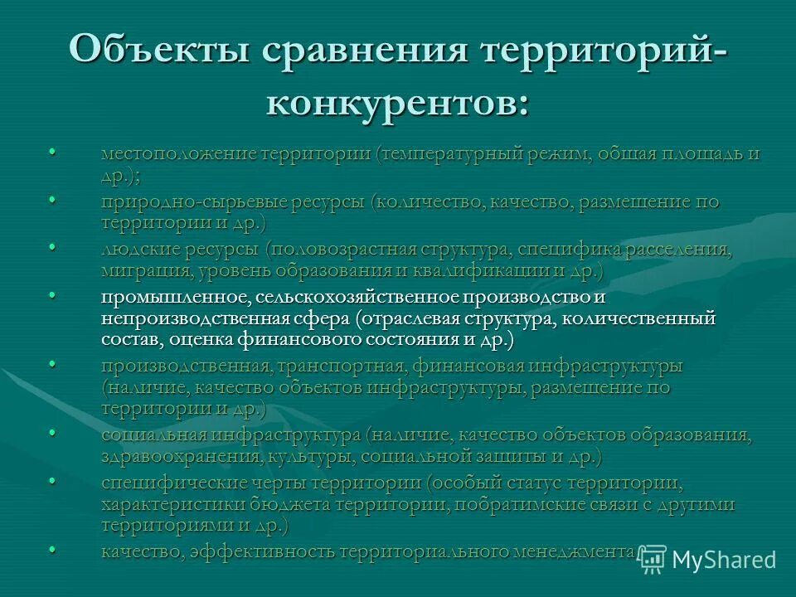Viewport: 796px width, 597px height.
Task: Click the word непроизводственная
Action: coord(192,318)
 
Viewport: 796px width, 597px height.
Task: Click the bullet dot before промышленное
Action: coord(53,295)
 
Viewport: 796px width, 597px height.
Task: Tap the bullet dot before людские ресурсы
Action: coord(53,248)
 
